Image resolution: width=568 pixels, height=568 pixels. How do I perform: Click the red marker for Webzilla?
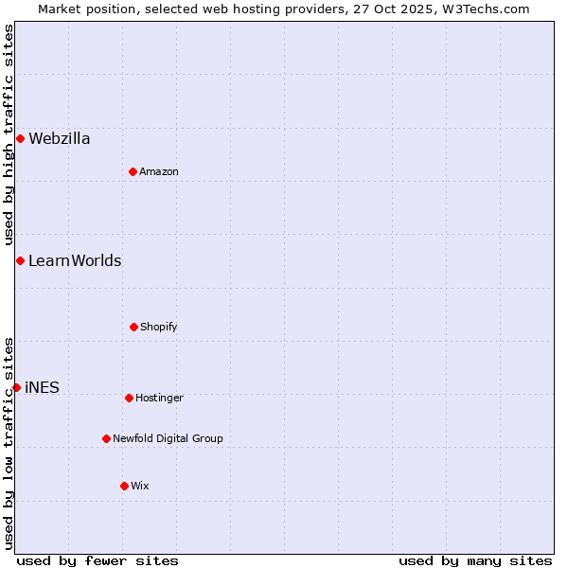pos(20,139)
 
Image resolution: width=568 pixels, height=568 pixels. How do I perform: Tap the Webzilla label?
pos(60,139)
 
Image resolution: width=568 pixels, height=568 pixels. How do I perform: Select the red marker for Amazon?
pos(133,171)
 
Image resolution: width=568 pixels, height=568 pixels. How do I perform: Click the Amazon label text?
pos(159,171)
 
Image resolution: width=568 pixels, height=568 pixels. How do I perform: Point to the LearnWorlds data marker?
pos(20,260)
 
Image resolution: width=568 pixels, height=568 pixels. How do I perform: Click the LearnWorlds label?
pos(75,260)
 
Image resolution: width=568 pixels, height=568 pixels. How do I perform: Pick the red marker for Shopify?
pos(133,327)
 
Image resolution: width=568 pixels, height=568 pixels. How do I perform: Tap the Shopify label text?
pos(159,327)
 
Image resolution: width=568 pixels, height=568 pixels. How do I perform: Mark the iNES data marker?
pos(16,387)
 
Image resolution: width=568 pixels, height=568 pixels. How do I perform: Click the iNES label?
pos(42,387)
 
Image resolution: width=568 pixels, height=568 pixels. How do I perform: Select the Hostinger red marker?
pos(129,398)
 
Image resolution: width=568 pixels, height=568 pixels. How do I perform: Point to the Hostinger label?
pos(159,398)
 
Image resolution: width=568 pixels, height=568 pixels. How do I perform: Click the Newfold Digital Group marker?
pos(106,438)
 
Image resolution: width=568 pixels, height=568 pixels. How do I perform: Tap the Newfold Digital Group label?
pos(168,438)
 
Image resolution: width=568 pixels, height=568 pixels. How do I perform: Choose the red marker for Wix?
pos(124,486)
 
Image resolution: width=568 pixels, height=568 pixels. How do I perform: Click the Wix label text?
pos(140,486)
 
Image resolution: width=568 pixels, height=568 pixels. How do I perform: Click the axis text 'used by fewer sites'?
pos(98,560)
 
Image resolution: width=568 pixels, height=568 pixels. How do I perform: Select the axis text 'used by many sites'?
pos(475,560)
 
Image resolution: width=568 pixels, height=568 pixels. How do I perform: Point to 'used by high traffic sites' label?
pos(9,135)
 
